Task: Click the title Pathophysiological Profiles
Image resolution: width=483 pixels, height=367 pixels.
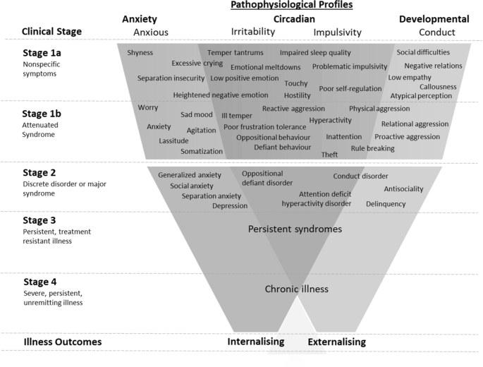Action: [291, 5]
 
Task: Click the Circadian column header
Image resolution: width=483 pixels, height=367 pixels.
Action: [293, 19]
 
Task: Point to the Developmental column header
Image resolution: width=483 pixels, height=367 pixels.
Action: [434, 19]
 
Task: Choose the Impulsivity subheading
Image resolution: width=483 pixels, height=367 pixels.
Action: [337, 32]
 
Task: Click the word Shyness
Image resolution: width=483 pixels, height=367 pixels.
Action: [140, 53]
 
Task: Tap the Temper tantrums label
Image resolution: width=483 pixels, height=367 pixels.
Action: [236, 53]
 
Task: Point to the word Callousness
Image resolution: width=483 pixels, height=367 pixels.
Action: [438, 87]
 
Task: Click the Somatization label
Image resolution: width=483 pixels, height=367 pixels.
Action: [202, 151]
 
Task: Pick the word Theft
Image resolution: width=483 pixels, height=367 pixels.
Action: [329, 155]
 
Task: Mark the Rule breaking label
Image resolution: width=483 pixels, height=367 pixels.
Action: [372, 148]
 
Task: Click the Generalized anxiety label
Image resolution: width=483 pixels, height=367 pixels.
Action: [190, 175]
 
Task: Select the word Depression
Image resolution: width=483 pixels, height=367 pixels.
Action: [230, 206]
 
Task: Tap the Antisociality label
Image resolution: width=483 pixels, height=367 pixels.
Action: [403, 189]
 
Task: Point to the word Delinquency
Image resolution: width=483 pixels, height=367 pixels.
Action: [386, 204]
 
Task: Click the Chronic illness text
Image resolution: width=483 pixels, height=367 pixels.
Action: [296, 289]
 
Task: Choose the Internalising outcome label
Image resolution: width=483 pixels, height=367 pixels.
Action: [255, 342]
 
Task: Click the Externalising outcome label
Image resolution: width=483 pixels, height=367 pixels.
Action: [337, 342]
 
